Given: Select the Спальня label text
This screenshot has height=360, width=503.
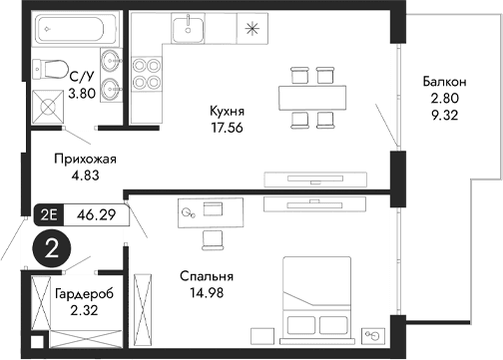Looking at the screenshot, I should click(207, 276).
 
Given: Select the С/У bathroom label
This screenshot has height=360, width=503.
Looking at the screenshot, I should click(81, 74).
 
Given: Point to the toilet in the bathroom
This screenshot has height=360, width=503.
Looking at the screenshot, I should click(46, 69).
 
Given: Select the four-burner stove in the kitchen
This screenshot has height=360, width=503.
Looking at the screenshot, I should click(149, 71).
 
